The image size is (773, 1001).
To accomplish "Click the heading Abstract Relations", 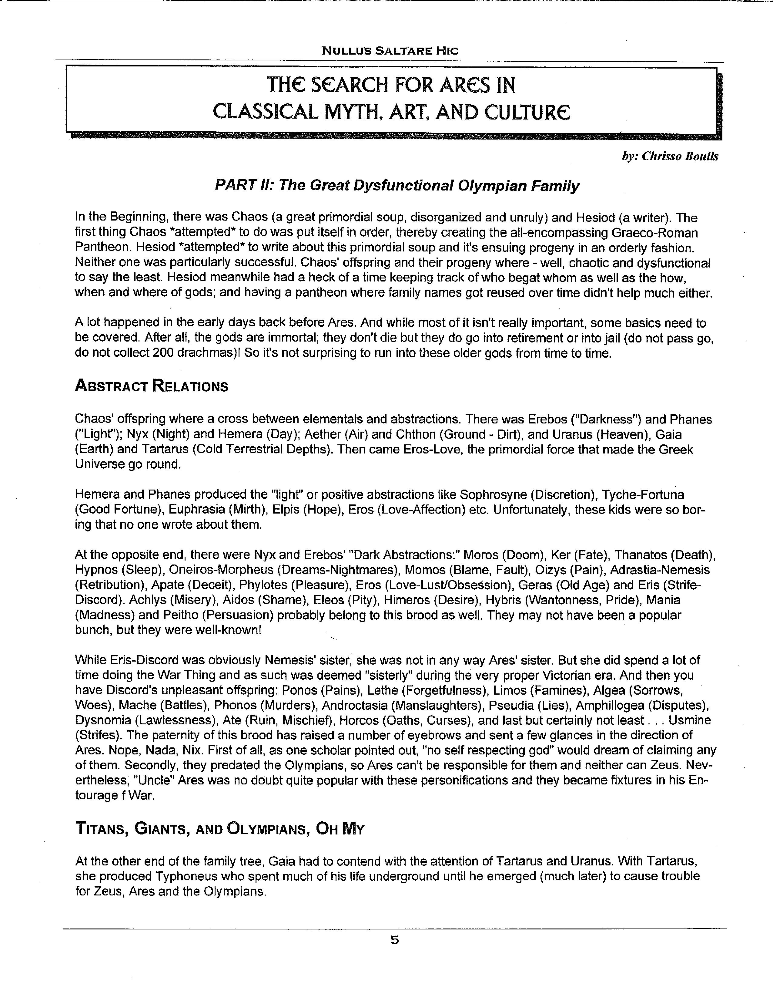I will coord(151,386).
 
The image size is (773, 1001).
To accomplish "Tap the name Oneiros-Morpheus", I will coord(216,570).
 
